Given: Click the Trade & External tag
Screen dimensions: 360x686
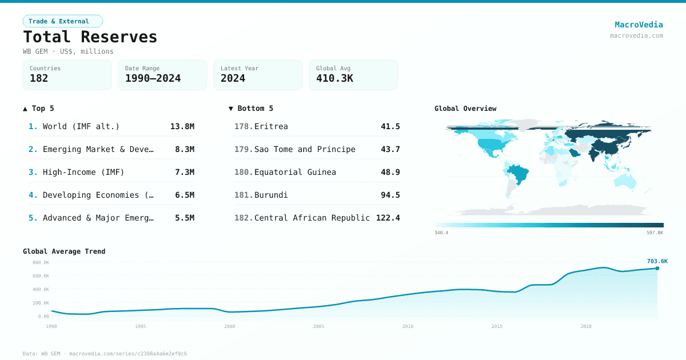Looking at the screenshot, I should coord(62,21).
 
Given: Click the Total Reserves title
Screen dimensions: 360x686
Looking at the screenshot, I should coord(90,37).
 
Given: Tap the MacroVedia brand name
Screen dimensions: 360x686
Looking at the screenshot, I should coord(639,25).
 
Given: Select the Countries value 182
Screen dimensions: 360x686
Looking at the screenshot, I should coord(39,78).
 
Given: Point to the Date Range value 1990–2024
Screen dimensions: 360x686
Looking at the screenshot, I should coord(153,78).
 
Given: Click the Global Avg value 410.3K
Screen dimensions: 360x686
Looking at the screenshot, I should coord(334,78).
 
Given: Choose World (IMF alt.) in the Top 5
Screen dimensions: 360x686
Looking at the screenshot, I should coord(81,126).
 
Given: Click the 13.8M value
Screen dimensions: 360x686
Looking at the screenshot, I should coord(182,126).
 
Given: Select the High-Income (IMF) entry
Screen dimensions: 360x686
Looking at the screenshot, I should coord(83,172).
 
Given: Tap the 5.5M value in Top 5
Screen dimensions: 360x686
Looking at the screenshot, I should coord(184,218).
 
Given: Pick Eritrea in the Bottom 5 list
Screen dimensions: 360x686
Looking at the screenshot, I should coord(271,126).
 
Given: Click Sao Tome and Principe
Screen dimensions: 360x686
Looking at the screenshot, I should coord(305,149).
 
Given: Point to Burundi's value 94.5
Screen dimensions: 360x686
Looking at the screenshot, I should coord(390,195).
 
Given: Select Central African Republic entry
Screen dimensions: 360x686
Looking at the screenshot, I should coord(312,218).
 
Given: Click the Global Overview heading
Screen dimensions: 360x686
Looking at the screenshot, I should coord(465,109).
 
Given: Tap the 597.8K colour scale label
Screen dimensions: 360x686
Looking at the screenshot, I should coord(655,233).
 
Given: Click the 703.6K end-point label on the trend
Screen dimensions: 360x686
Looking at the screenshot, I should coord(657,261).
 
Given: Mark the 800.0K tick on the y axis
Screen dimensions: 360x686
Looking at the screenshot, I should coord(41,263).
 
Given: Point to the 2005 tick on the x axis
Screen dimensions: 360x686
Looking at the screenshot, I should coord(318,326).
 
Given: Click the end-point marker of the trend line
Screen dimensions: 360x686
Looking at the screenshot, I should coord(657,268).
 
